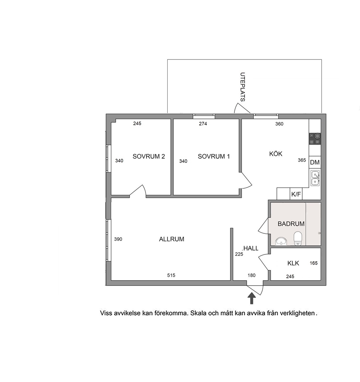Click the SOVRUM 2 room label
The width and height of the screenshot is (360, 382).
tap(149, 157)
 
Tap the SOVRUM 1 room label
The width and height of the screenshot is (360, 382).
tap(214, 157)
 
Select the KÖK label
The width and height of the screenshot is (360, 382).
tap(276, 154)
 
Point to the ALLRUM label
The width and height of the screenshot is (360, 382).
tap(172, 239)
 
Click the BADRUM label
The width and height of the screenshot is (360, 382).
tap(291, 224)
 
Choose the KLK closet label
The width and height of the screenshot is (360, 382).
tap(293, 263)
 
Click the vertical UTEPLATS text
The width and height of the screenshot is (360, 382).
tap(242, 87)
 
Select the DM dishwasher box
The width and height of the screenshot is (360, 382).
tap(315, 162)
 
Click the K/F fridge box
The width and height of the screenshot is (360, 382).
tap(296, 194)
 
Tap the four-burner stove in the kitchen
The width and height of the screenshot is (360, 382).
tap(315, 139)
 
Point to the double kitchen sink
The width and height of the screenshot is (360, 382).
tap(315, 178)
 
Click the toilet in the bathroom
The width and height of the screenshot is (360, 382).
tap(298, 238)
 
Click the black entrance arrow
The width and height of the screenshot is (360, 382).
tap(251, 298)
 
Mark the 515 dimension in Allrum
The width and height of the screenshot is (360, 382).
tap(171, 275)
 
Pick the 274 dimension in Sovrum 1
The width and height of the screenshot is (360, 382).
tap(203, 124)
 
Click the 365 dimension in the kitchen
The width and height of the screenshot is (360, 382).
tap(302, 160)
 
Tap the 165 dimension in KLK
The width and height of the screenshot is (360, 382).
tap(314, 263)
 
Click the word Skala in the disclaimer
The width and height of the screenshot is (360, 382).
tap(198, 313)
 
